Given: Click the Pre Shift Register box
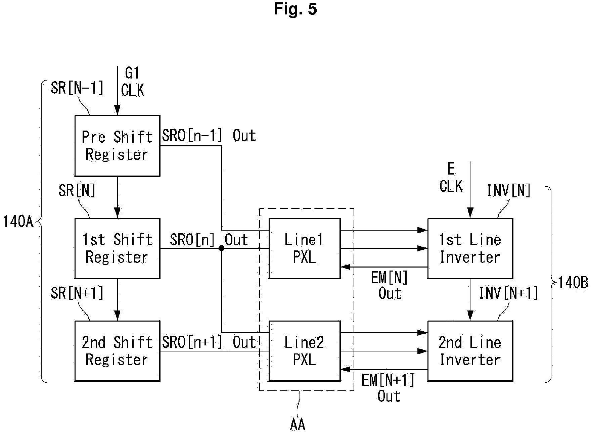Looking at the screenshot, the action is (x=117, y=146).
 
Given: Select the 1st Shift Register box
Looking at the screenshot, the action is (x=117, y=248).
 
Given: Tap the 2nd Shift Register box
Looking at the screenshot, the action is (x=117, y=351).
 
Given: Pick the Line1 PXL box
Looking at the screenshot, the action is (x=305, y=248).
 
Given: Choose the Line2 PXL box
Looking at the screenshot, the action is (x=305, y=351).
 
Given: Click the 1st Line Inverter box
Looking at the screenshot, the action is (x=470, y=248).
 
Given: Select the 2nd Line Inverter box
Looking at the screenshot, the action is (x=470, y=351).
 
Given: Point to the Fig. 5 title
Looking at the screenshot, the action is (x=295, y=9).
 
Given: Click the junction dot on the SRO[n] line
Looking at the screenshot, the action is (x=221, y=248).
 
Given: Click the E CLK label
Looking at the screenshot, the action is (x=451, y=178).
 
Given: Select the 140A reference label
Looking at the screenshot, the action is (x=18, y=222).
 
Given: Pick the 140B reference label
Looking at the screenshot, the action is (x=573, y=283).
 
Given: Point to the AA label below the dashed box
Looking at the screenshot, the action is (x=298, y=425).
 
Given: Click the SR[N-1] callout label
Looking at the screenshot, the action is (x=77, y=88).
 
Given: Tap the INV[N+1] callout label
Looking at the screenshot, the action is (x=508, y=293).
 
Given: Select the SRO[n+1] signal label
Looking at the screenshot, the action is (x=192, y=342).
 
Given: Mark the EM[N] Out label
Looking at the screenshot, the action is (x=390, y=286).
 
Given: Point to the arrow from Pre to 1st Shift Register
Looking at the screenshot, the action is (x=117, y=197).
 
